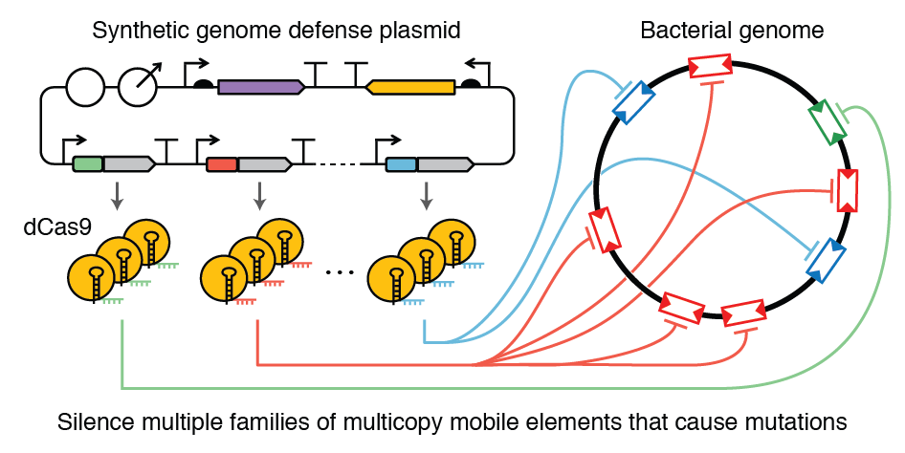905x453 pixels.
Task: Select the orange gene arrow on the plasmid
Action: click(411, 87)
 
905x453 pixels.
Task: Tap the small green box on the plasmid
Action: click(87, 164)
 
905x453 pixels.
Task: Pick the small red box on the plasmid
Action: click(222, 164)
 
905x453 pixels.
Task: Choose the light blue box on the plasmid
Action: click(401, 164)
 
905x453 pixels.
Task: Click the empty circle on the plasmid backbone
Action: click(85, 88)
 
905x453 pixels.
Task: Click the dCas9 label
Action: click(57, 227)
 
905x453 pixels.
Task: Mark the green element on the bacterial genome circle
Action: click(828, 122)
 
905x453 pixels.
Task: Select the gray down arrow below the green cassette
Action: click(117, 197)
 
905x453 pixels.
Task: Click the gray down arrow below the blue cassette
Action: click(427, 197)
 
